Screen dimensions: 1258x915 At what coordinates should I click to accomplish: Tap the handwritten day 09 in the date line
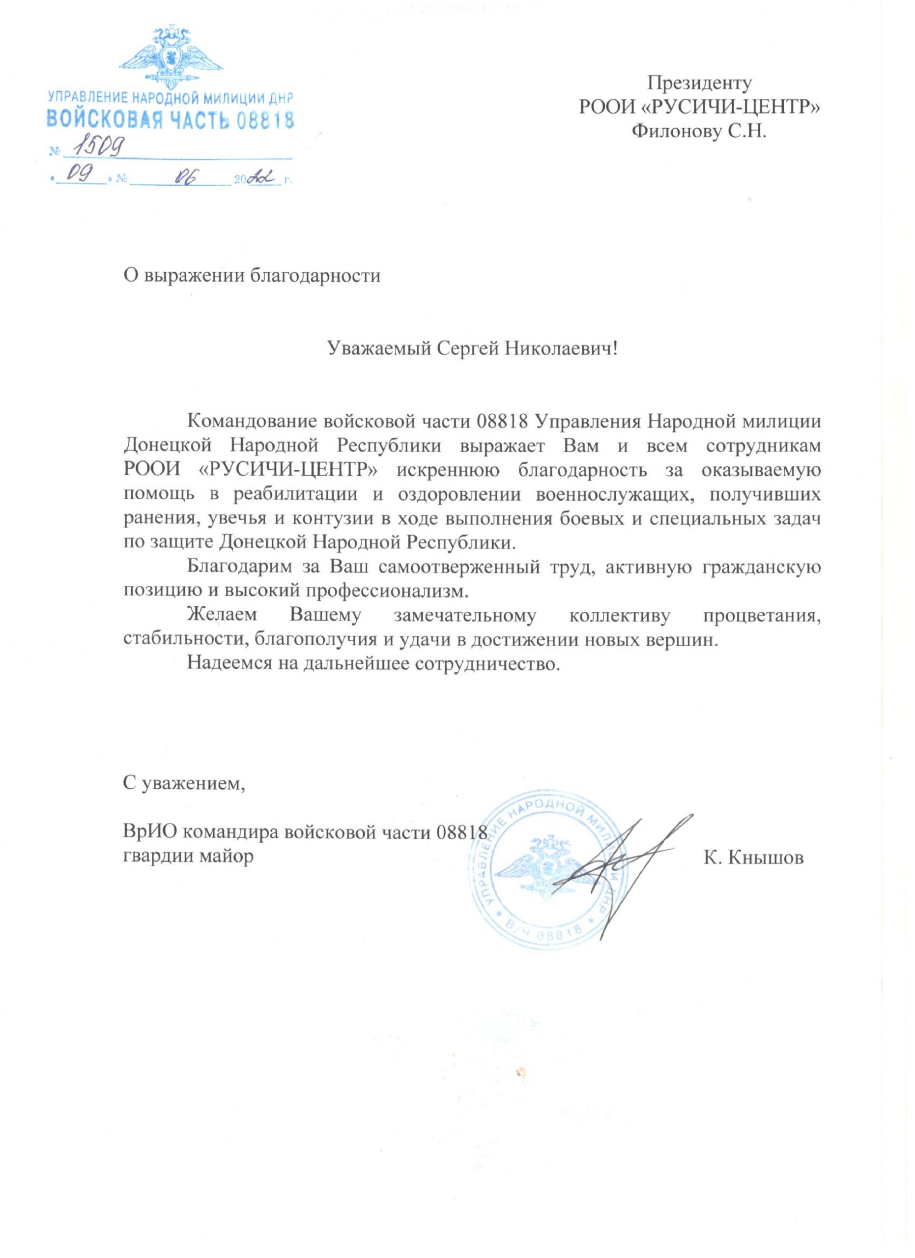pyautogui.click(x=78, y=177)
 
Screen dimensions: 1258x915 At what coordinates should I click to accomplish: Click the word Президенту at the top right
pyautogui.click(x=699, y=83)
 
